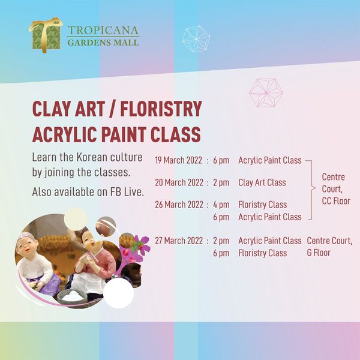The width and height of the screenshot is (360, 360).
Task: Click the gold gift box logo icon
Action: [46, 35]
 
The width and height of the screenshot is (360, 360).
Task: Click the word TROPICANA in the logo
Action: [103, 31]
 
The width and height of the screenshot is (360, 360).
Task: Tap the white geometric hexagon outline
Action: [196, 39]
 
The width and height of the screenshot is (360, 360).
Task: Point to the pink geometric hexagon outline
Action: [266, 92]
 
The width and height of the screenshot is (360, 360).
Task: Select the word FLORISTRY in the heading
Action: [161, 109]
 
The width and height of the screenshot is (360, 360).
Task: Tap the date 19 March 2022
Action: [178, 160]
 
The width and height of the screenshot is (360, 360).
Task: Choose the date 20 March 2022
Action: [179, 183]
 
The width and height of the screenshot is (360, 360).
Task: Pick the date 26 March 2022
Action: [179, 205]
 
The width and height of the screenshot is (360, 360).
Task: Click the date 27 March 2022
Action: [179, 241]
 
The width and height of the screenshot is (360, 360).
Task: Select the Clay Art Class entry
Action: [262, 183]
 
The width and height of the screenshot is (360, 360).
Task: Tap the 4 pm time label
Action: [221, 205]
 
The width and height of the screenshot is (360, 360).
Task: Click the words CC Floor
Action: [336, 201]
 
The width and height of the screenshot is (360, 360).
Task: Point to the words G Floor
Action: [319, 253]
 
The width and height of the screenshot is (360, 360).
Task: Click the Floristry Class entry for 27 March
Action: [262, 253]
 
